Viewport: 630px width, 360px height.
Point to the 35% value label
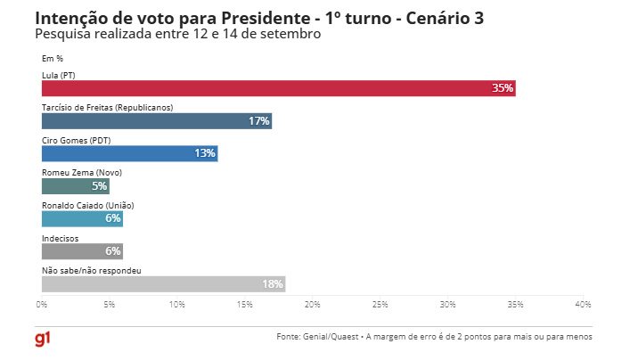pyautogui.click(x=503, y=88)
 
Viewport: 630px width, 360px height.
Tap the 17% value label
pyautogui.click(x=259, y=121)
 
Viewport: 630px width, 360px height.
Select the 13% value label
pyautogui.click(x=205, y=153)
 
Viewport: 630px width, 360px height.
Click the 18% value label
pyautogui.click(x=273, y=284)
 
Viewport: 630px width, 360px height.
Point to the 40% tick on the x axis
pyautogui.click(x=584, y=305)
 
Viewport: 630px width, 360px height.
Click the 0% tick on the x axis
pyautogui.click(x=42, y=305)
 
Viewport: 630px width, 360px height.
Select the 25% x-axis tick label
pyautogui.click(x=380, y=305)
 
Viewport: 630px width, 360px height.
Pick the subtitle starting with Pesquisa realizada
pyautogui.click(x=177, y=34)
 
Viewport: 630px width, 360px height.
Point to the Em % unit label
pyautogui.click(x=53, y=59)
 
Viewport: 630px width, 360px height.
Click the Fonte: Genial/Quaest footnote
pyautogui.click(x=434, y=337)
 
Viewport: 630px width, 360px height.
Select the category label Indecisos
pyautogui.click(x=61, y=237)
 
